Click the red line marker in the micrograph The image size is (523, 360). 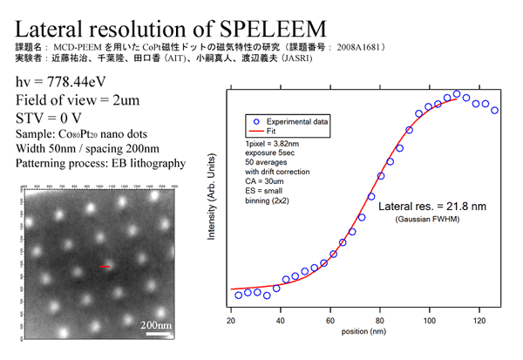pyautogui.click(x=104, y=268)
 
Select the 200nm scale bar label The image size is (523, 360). pyautogui.click(x=158, y=325)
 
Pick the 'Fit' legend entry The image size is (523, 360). pyautogui.click(x=272, y=130)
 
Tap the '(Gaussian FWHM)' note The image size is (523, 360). pyautogui.click(x=425, y=219)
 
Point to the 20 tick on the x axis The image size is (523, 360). pyautogui.click(x=230, y=322)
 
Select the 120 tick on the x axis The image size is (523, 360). pyautogui.click(x=479, y=322)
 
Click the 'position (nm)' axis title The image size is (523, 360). pyautogui.click(x=364, y=332)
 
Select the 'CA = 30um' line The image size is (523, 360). pyautogui.click(x=266, y=181)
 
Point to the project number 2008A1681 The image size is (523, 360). pyautogui.click(x=356, y=44)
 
